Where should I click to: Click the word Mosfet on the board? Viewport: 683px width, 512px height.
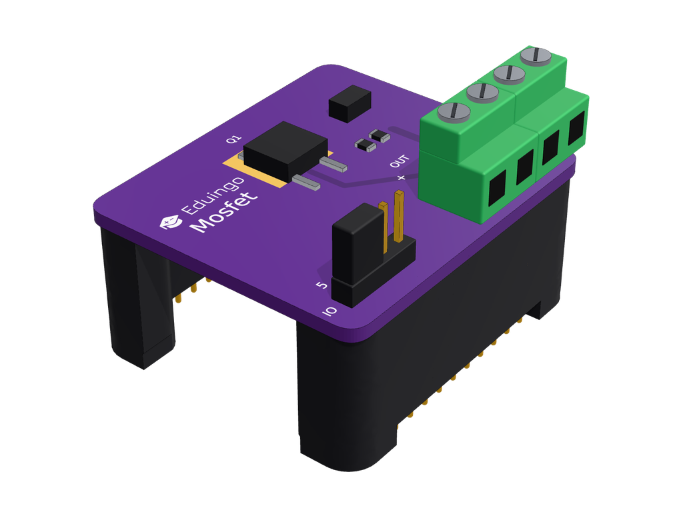coord(224,212)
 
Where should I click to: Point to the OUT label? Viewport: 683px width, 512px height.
coord(400,161)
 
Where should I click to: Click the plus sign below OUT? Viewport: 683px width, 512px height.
coord(401,177)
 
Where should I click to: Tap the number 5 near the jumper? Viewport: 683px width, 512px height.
coord(321,285)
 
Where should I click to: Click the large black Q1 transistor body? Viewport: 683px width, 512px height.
coord(285,149)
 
